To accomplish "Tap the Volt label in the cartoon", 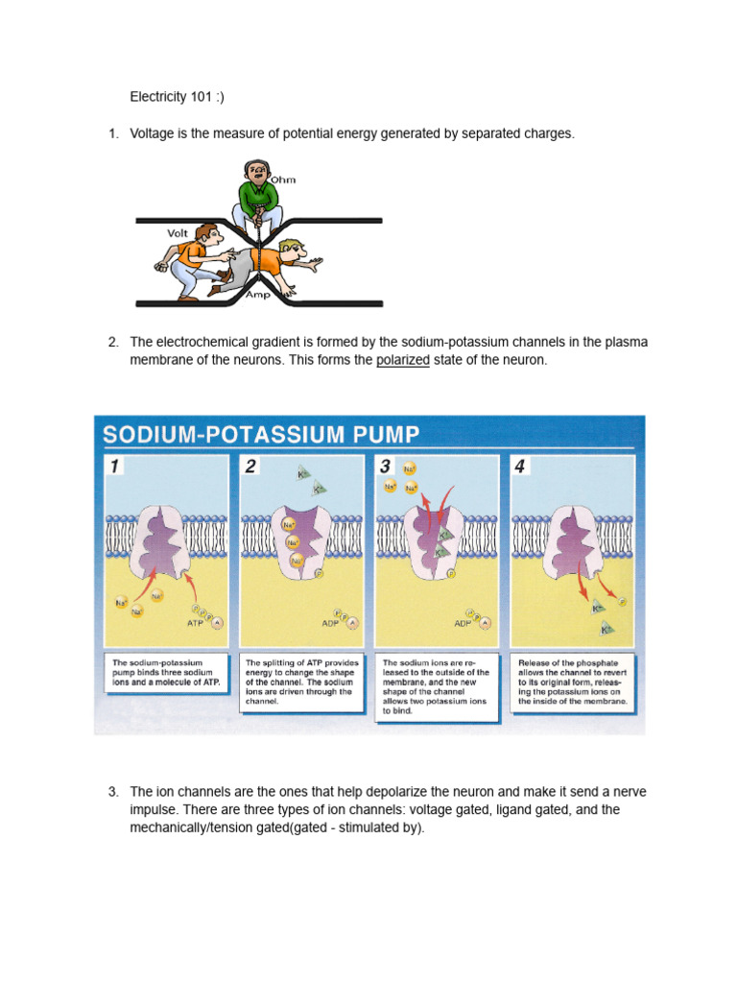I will pos(178,232).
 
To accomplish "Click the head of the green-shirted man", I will pos(255,172).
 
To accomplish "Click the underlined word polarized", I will pos(402,361).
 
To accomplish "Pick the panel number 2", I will pos(251,468).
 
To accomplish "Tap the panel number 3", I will pos(386,468).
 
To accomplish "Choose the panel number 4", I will pos(521,468).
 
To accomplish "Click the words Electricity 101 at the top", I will pos(172,97).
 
